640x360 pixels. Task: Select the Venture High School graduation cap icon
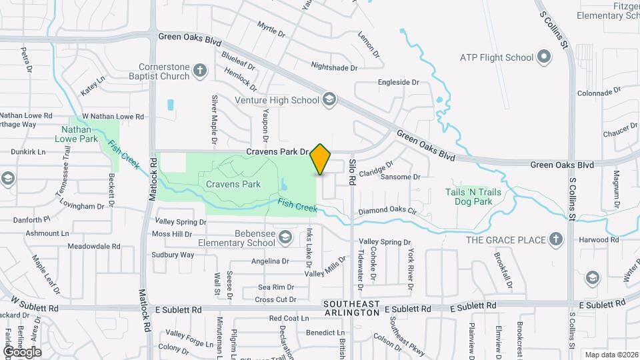[329, 101]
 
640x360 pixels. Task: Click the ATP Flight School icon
[545, 57]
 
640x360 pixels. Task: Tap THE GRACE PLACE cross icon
[555, 239]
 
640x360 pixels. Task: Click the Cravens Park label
[233, 184]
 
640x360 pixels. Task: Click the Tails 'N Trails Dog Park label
[473, 197]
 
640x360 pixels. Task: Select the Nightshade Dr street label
[334, 67]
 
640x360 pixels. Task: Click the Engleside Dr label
[398, 83]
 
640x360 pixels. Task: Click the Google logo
[22, 351]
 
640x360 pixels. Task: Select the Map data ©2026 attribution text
[611, 355]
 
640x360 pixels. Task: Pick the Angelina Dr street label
[270, 261]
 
